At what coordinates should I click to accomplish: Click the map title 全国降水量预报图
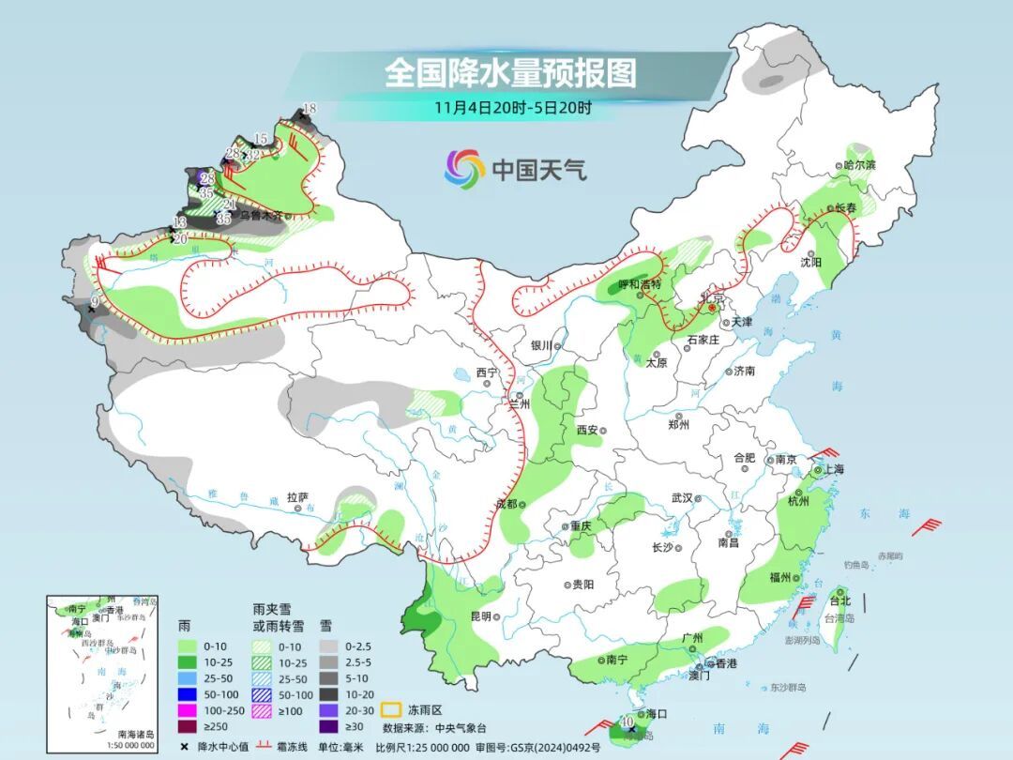point(510,72)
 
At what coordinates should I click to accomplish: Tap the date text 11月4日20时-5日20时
point(512,107)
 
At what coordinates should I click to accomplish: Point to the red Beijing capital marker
point(711,306)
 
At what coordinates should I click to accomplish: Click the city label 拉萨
point(297,497)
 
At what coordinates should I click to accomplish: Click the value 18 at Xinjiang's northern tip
point(309,109)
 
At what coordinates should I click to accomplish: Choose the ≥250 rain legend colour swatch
point(189,726)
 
